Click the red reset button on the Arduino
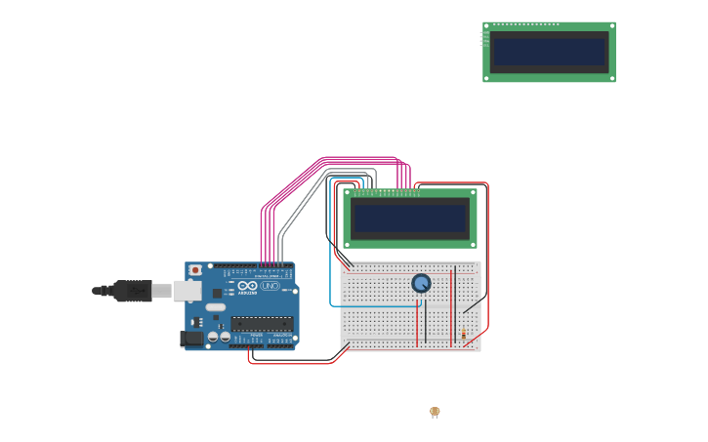pyautogui.click(x=195, y=270)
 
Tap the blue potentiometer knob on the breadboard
pyautogui.click(x=421, y=283)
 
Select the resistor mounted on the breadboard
pyautogui.click(x=463, y=334)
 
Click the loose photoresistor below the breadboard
pyautogui.click(x=435, y=412)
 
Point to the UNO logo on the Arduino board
pyautogui.click(x=270, y=286)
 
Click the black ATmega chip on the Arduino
pyautogui.click(x=262, y=323)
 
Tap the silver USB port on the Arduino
pyautogui.click(x=187, y=291)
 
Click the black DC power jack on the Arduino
pyautogui.click(x=191, y=339)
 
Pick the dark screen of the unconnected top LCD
pyautogui.click(x=549, y=52)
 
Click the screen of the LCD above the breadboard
pyautogui.click(x=410, y=219)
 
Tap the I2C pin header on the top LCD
pyautogui.click(x=482, y=39)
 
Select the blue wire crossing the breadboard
pyautogui.click(x=376, y=305)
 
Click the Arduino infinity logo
pyautogui.click(x=247, y=286)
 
